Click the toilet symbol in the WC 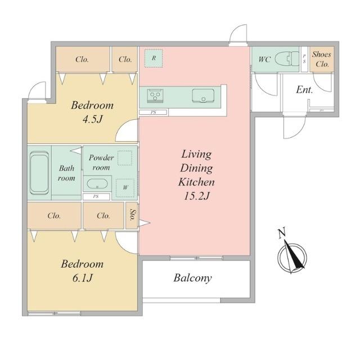click(x=286, y=58)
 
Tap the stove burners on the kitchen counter click(x=155, y=96)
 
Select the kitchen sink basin click(x=203, y=96)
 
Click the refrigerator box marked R click(x=154, y=58)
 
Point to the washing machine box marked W click(x=125, y=188)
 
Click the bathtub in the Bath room click(x=39, y=173)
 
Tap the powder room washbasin click(x=97, y=184)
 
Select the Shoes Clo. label click(x=322, y=59)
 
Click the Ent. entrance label click(x=304, y=89)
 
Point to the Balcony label click(x=192, y=278)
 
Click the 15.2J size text click(x=197, y=196)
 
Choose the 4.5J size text click(x=92, y=119)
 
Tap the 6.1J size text click(x=82, y=278)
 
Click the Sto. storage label click(x=132, y=215)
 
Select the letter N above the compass click(x=282, y=233)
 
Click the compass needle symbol click(x=292, y=256)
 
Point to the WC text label click(x=264, y=59)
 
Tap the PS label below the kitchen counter click(x=154, y=112)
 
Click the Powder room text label click(x=101, y=163)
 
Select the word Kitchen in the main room click(x=196, y=182)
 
